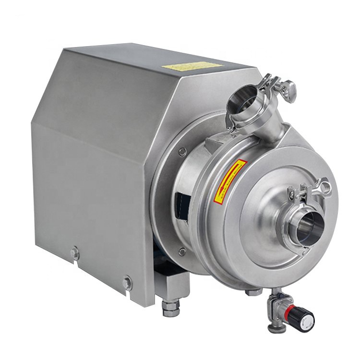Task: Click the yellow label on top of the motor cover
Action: (x=192, y=66)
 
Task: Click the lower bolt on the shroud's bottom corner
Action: (x=128, y=283)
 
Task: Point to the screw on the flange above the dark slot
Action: (x=182, y=152)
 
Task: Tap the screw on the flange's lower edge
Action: (x=182, y=251)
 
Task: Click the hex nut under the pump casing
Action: (x=252, y=291)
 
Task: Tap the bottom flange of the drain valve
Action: (x=277, y=327)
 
